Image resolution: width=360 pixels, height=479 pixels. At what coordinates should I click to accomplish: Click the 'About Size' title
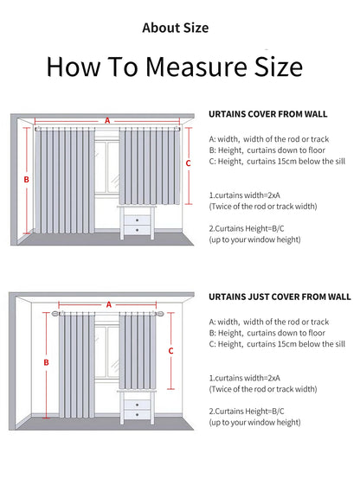(176, 28)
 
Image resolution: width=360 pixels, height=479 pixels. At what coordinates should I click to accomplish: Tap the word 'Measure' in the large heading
(186, 67)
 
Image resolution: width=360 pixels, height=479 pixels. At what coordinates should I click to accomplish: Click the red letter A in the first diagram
(108, 121)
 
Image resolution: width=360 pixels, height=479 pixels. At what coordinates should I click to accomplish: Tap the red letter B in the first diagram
(27, 180)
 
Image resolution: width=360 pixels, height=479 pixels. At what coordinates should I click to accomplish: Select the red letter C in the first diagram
(188, 162)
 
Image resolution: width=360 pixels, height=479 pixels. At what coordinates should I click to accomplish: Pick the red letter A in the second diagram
(109, 304)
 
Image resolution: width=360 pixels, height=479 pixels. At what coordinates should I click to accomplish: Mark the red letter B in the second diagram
(45, 363)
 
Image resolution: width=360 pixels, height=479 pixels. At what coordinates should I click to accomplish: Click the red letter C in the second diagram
(170, 351)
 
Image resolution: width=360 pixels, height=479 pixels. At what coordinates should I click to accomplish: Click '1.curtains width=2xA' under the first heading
(243, 195)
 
